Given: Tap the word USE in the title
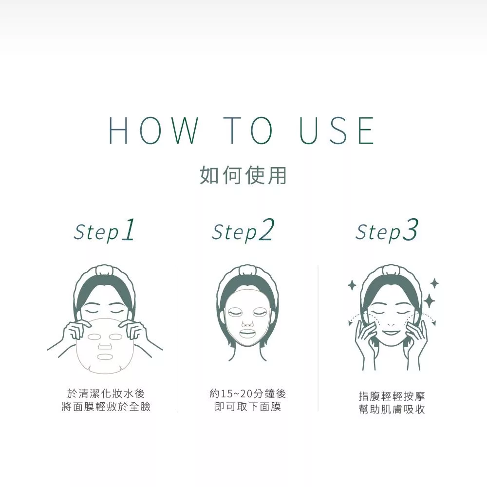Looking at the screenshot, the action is point(337,131).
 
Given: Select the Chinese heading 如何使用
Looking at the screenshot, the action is point(243,175).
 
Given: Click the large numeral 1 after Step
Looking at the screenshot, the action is point(129,229).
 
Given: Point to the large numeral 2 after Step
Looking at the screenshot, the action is point(267,229).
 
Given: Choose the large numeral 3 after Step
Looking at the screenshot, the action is point(410,229).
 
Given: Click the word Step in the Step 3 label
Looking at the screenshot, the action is point(378,233).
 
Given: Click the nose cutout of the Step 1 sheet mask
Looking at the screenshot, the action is point(105,346).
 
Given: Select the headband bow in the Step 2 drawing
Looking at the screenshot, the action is point(247,270).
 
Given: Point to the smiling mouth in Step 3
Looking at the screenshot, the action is point(392,333).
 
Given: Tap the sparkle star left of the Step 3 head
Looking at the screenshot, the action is point(352,285).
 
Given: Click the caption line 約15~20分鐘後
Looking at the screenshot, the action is point(247,394).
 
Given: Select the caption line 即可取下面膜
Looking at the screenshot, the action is point(247,407).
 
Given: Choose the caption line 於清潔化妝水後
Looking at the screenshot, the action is point(106,393).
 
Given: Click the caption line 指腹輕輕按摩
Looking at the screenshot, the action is point(392,396).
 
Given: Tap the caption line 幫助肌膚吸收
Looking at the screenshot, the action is point(392,410).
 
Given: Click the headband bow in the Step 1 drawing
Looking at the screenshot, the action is point(105,270).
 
